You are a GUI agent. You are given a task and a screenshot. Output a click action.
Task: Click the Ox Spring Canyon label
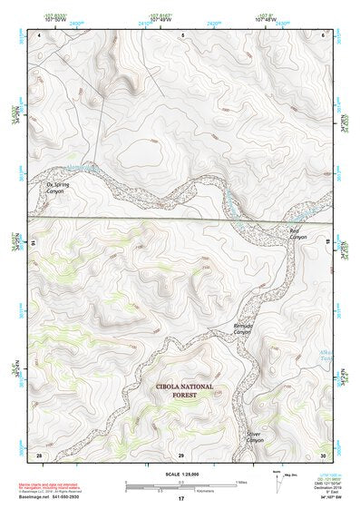[57, 188]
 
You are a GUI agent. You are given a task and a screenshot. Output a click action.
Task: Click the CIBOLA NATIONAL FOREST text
[184, 389]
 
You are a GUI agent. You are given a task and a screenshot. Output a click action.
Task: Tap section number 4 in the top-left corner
[39, 34]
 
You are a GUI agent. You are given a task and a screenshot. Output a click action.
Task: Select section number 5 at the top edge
[182, 34]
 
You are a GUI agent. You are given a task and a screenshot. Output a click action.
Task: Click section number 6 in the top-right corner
[324, 34]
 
